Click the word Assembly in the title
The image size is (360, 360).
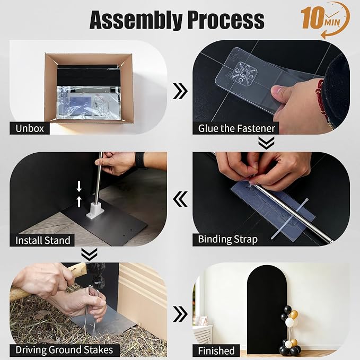coord(136,20)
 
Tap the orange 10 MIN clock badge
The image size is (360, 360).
coord(326,20)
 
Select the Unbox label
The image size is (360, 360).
coord(30,128)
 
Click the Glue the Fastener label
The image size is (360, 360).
coord(236,128)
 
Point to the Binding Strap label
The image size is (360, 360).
coord(227,240)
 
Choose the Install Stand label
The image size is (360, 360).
coord(42,240)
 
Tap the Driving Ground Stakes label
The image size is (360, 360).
coord(65,350)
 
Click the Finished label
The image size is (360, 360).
coord(216,351)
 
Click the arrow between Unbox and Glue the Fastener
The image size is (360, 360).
coord(180,91)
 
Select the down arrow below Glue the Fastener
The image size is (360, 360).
coord(266,143)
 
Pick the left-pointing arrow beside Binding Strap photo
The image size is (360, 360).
coord(180,199)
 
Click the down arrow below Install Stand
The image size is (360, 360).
coord(89,254)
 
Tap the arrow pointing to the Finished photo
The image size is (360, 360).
coord(180,314)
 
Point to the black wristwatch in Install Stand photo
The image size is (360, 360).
coord(140,160)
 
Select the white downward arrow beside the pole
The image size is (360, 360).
coord(79,186)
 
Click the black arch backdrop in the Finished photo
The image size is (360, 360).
coord(266,309)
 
